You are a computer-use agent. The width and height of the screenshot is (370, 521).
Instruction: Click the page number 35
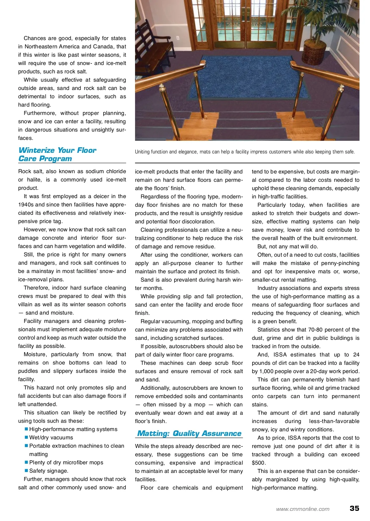[354, 508]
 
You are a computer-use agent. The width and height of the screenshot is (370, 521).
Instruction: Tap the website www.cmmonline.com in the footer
[302, 509]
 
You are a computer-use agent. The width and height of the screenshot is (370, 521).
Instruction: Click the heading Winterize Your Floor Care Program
[57, 154]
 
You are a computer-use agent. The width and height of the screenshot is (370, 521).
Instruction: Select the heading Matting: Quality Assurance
[189, 433]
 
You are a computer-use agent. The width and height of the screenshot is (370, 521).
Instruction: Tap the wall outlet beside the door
[178, 38]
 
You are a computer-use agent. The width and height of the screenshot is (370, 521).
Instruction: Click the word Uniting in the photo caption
[142, 152]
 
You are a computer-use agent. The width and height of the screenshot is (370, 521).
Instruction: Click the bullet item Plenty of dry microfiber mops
[66, 462]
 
